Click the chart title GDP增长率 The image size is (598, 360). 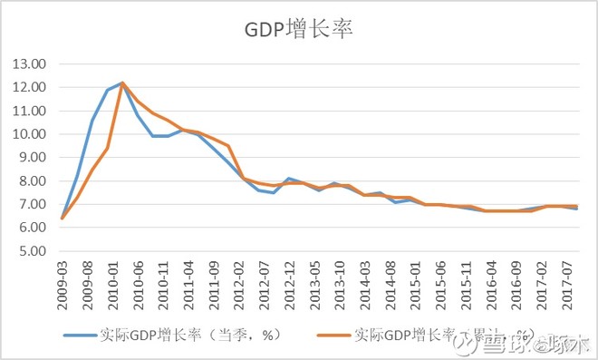click(298, 29)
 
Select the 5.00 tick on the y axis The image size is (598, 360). click(34, 251)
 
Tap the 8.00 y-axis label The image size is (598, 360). click(34, 181)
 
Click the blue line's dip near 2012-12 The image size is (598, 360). click(274, 192)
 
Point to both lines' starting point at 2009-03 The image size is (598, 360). click(62, 218)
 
